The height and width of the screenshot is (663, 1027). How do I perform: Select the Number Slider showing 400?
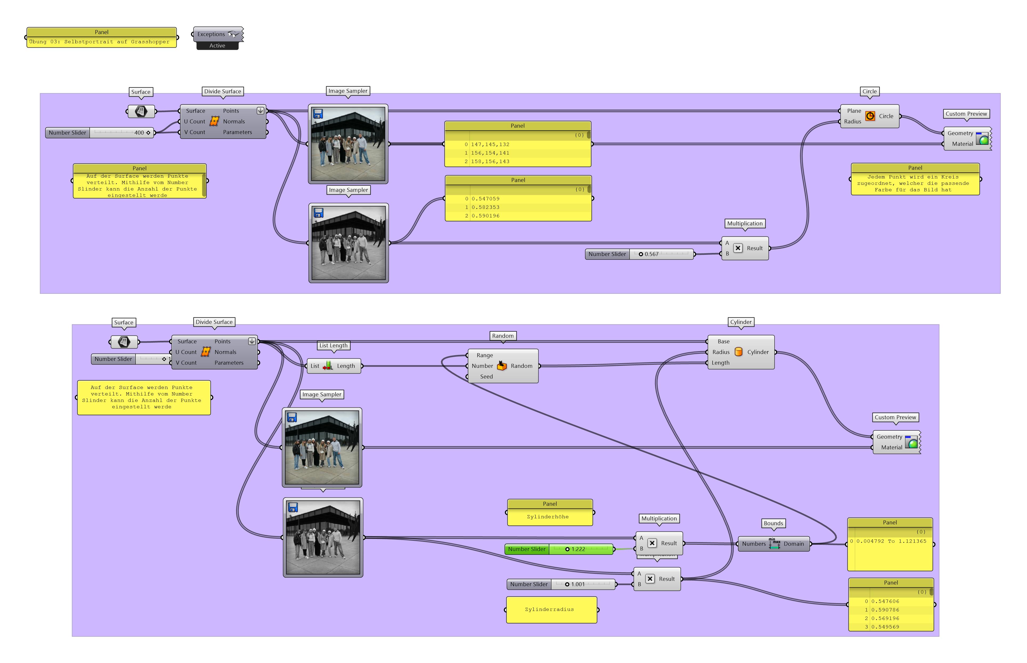click(x=99, y=133)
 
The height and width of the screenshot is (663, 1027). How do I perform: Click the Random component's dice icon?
click(x=502, y=366)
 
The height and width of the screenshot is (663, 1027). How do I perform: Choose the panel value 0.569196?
click(x=885, y=618)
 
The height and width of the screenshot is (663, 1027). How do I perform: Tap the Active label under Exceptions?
click(x=217, y=46)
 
